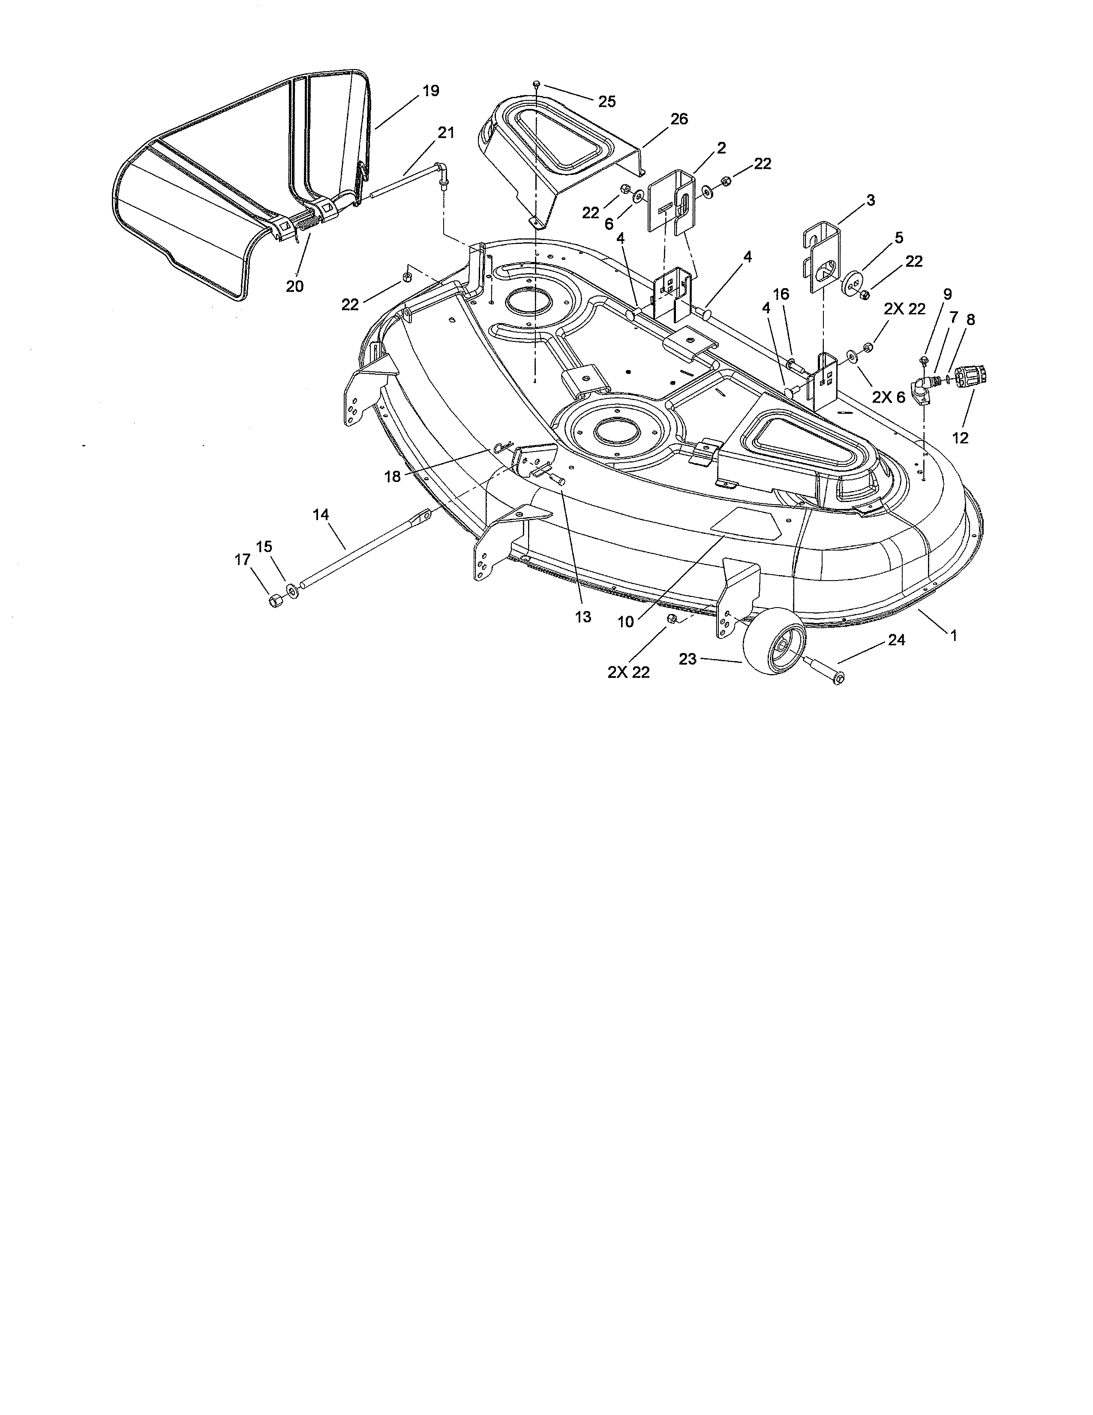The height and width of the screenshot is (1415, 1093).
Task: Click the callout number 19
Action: point(431,91)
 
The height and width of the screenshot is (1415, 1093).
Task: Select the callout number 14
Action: point(321,515)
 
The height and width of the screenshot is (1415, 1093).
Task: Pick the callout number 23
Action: point(688,659)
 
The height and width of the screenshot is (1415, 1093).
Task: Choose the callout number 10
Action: point(625,622)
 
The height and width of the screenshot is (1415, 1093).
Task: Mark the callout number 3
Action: point(871,201)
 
